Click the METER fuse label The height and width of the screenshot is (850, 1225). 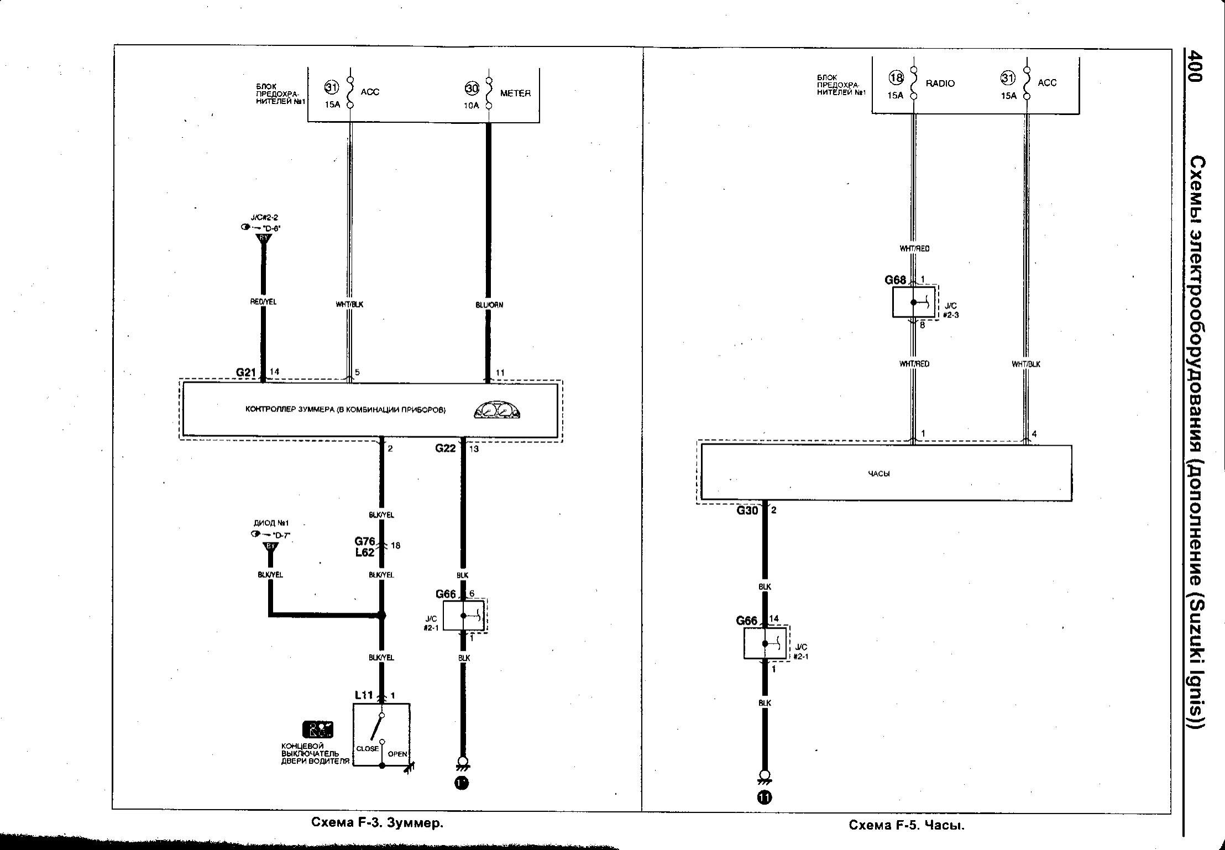coord(515,93)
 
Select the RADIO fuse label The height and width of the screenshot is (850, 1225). coord(940,84)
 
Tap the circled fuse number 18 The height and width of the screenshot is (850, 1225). coord(896,78)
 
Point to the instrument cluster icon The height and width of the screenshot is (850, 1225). coord(498,410)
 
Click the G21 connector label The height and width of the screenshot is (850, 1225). coord(246,373)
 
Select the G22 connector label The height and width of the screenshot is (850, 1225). coord(445,449)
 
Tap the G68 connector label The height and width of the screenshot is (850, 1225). coord(895,280)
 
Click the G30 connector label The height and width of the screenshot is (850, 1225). coord(747,510)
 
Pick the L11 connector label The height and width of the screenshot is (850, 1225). coord(364,695)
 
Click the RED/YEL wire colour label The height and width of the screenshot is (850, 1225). coord(263,302)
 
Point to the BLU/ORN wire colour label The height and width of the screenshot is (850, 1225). coord(489,305)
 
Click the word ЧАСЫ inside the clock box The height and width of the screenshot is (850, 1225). coord(878,473)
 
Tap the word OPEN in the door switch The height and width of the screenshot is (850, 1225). coord(397,754)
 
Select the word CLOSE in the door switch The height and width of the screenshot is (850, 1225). coord(367,749)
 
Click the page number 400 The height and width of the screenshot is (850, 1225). coord(1195,67)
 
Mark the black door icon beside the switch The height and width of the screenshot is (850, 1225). coord(318,729)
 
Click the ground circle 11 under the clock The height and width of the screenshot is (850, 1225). coord(765,797)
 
